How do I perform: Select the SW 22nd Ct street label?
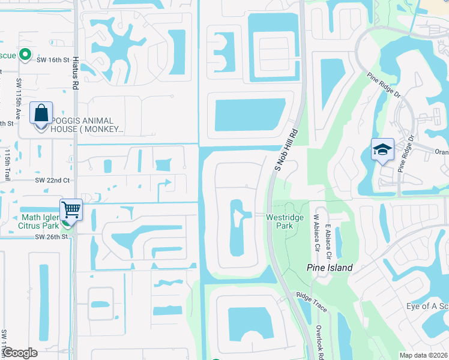[52, 180]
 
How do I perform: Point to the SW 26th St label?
[52, 236]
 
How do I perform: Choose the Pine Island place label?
[329, 268]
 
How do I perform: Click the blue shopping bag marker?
[41, 113]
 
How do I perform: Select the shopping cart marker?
[71, 210]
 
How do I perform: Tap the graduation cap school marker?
[382, 149]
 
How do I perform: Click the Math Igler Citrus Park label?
[39, 221]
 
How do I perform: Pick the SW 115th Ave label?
[19, 99]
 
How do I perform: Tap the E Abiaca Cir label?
[328, 241]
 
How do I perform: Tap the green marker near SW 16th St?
[25, 55]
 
